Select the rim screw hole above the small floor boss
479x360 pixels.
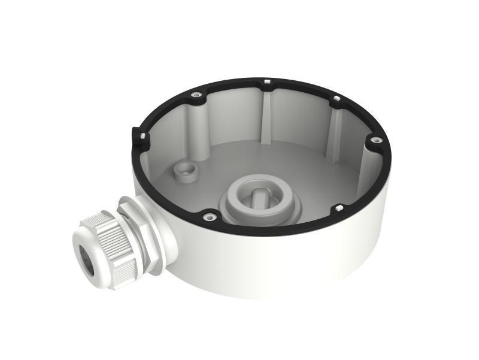pyautogui.click(x=195, y=94)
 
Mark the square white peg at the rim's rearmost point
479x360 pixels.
pyautogui.click(x=264, y=80)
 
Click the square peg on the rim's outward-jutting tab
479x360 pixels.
pyautogui.click(x=143, y=135)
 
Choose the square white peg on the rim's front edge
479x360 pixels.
pyautogui.click(x=339, y=208)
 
